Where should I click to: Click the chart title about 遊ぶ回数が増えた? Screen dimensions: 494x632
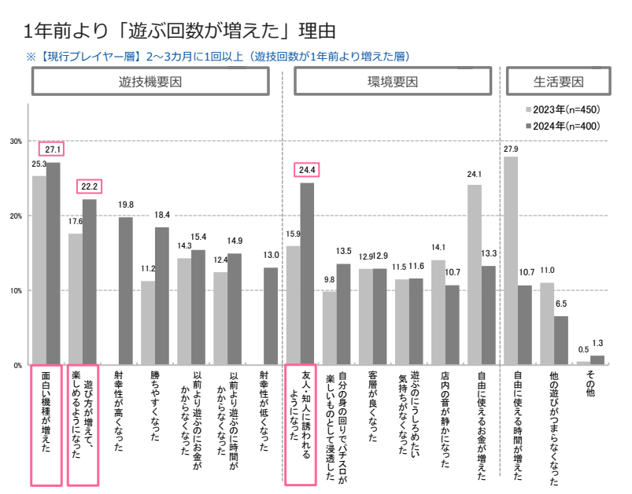(x=180, y=32)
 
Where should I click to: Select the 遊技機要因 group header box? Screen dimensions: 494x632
(x=150, y=82)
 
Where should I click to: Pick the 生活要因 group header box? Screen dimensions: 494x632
(x=558, y=82)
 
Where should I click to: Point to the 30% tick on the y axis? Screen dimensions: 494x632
(x=16, y=142)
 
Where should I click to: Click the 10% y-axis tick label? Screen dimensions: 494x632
(x=16, y=291)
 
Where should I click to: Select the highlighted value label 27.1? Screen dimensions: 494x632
(x=54, y=149)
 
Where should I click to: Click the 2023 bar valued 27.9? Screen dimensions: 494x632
(x=511, y=260)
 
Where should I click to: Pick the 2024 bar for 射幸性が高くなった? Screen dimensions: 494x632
(x=125, y=290)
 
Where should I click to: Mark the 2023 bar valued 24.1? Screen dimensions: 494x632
(x=474, y=275)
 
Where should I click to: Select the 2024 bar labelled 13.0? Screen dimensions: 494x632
(x=270, y=316)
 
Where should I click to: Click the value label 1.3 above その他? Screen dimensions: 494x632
(x=597, y=342)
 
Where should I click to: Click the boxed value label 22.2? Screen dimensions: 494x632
(x=89, y=186)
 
